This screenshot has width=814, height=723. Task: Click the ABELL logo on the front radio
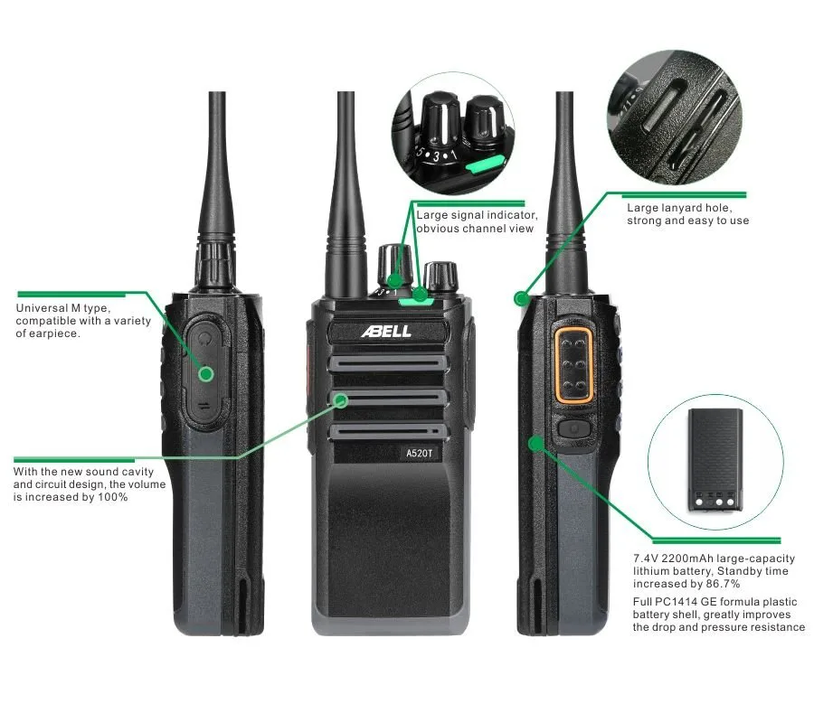coord(386,331)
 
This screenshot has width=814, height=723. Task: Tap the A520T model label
coord(419,454)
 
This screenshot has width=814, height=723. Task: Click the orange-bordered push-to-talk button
coord(573,364)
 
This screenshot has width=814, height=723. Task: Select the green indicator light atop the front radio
coord(415,300)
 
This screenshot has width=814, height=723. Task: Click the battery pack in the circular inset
coord(715,460)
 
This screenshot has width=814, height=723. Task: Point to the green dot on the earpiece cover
coord(206,374)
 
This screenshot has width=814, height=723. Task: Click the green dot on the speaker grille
coord(341,400)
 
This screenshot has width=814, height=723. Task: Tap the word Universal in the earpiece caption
coord(42,308)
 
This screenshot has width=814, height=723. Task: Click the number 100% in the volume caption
coord(113,497)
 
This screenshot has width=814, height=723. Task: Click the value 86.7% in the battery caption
coord(723,584)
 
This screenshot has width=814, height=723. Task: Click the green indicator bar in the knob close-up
coord(486,163)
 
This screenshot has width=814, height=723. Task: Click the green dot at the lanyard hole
coord(521,299)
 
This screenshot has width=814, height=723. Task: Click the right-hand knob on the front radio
coord(440,277)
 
